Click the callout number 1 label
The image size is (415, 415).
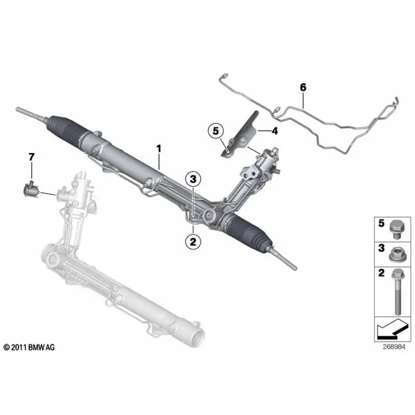tap(158, 149)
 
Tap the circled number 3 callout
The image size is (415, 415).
tap(193, 179)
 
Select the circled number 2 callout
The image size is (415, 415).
tap(193, 241)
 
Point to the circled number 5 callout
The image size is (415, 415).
tap(216, 131)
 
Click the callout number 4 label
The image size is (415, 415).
tap(275, 131)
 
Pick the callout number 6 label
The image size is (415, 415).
tap(303, 87)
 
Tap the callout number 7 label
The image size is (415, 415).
tap(32, 157)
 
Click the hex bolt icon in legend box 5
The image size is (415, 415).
tap(396, 230)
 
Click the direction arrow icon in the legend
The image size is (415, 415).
tap(392, 329)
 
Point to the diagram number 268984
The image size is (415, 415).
tap(394, 347)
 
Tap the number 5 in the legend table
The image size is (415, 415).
tap(381, 223)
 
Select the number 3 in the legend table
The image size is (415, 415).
tap(381, 248)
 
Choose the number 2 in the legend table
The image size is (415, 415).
tap(381, 273)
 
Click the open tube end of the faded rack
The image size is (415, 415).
tap(197, 337)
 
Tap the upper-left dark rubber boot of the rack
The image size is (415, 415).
tap(66, 130)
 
